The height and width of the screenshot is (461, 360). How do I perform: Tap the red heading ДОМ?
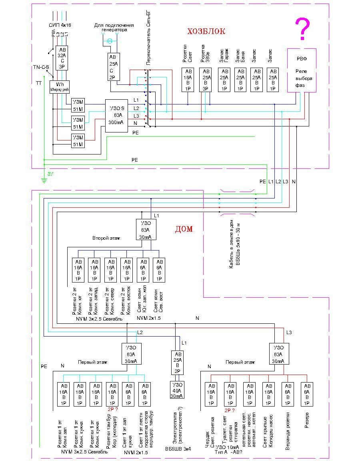184,229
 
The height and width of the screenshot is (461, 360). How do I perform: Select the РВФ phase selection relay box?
302,70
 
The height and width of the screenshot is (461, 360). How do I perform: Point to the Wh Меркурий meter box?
60,87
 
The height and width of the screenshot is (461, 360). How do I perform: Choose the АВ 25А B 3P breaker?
206,80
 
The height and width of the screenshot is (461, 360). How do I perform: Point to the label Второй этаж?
106,238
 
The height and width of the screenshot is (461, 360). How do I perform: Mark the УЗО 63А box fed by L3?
278,354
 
